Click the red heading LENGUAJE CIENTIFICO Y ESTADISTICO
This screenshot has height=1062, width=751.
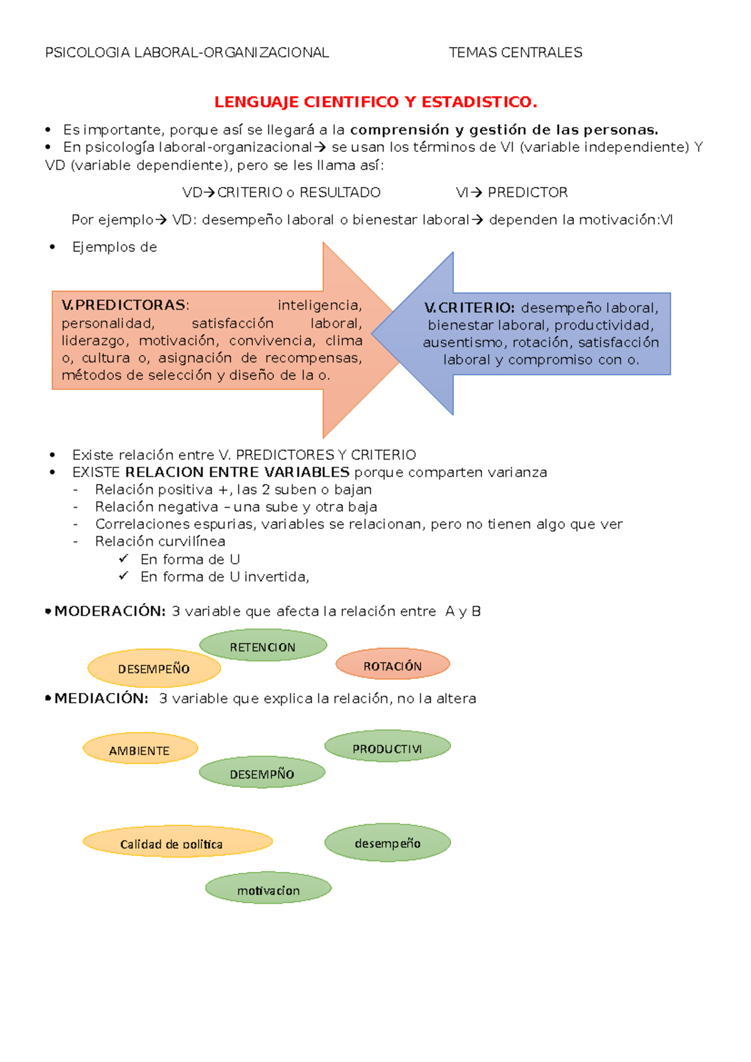[375, 102]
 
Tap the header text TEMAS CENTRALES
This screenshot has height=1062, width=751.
[515, 53]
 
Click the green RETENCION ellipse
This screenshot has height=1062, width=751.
[263, 646]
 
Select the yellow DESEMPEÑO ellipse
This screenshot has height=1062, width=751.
[154, 668]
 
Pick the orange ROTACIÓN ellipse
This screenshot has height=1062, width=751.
[392, 665]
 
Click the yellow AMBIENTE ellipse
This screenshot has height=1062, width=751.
[140, 749]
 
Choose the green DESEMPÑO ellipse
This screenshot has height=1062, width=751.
[262, 773]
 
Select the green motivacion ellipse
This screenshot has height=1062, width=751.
[268, 889]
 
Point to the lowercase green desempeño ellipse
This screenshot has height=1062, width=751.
[387, 842]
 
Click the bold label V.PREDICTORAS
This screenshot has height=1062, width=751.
[124, 305]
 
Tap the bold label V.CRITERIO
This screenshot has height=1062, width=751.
[469, 308]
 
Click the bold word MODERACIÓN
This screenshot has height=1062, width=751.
[110, 611]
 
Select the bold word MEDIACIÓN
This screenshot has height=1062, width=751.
[101, 698]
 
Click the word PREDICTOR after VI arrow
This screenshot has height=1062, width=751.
[528, 193]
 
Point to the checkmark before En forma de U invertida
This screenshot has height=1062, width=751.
[124, 575]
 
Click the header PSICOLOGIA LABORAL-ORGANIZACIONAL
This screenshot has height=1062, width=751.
[186, 53]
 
